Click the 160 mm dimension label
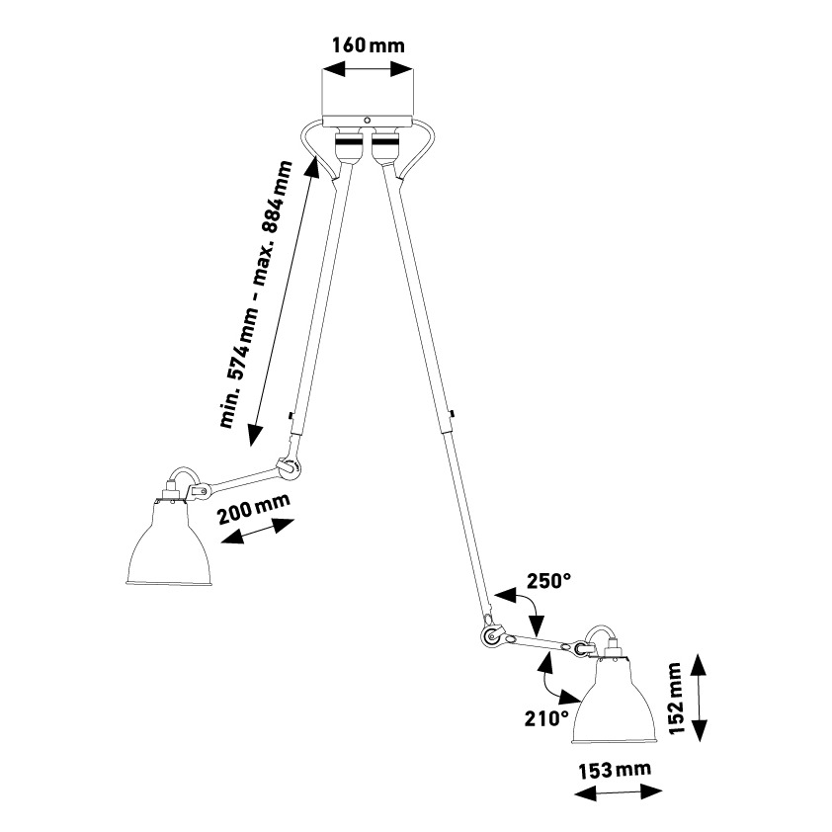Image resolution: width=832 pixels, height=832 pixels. (x=369, y=45)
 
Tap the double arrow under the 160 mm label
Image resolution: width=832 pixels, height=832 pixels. (x=369, y=69)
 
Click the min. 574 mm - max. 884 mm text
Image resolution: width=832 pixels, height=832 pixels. (x=256, y=295)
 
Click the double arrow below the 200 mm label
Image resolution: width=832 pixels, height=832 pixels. (x=258, y=532)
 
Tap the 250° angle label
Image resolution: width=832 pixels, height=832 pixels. (x=548, y=581)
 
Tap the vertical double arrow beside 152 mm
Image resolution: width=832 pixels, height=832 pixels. (x=700, y=696)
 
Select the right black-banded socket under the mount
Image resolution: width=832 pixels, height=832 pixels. (x=385, y=146)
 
